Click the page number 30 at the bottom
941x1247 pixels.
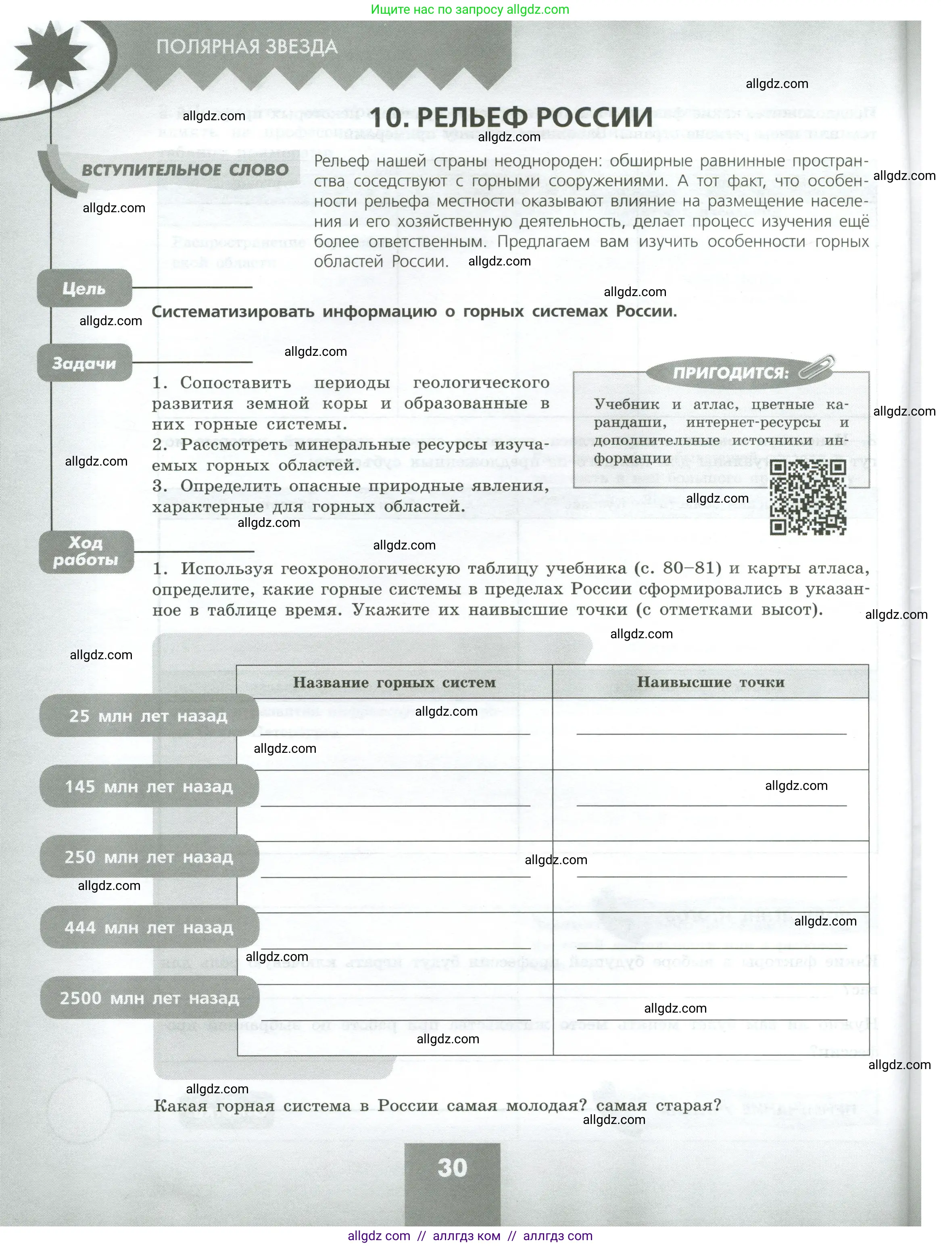pos(452,1167)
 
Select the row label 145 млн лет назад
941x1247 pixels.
pos(148,786)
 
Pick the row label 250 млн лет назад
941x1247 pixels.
pos(148,856)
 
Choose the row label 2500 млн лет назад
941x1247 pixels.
pos(149,998)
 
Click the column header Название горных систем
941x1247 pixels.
pos(394,682)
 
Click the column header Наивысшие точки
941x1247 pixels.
pos(711,682)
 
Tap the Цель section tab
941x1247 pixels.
pos(84,288)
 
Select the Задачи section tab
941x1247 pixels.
pos(84,363)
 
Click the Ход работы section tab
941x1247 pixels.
pos(86,551)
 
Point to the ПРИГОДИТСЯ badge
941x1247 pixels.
pos(730,373)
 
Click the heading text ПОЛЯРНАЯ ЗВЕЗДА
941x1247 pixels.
pos(247,46)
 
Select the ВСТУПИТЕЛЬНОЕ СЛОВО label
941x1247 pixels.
pos(185,170)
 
